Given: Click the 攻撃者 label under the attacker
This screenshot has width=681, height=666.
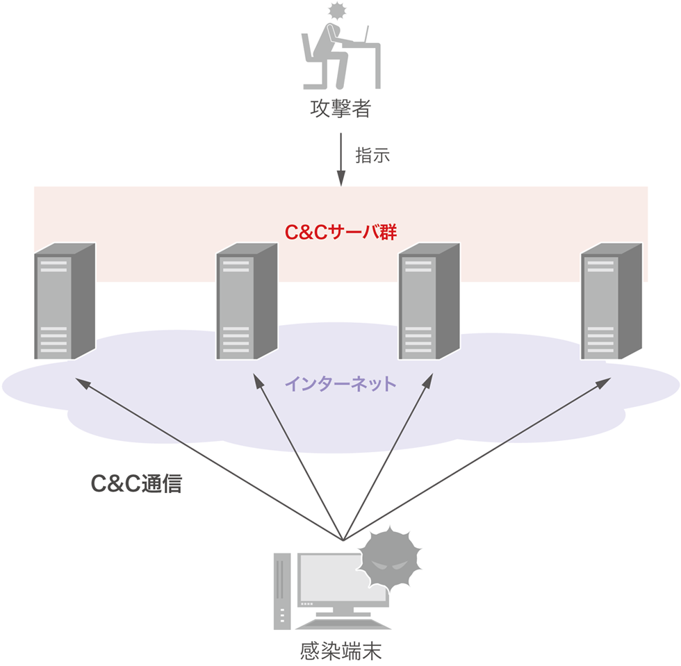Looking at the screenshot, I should coord(340,109).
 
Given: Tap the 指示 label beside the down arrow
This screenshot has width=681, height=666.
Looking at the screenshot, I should coord(372,155).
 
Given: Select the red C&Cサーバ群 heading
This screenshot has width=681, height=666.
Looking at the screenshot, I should coord(340,232).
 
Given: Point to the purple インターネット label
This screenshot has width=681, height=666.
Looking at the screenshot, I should coord(340,383).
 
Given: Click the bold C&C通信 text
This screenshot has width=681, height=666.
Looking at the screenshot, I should coord(137,484).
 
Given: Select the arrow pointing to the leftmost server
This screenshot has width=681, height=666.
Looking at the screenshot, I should coord(208,459).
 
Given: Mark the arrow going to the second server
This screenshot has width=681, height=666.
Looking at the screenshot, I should coord(297,459).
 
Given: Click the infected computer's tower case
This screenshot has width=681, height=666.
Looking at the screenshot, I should coord(282,590).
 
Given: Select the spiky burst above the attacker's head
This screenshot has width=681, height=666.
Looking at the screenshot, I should coord(337,10).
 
